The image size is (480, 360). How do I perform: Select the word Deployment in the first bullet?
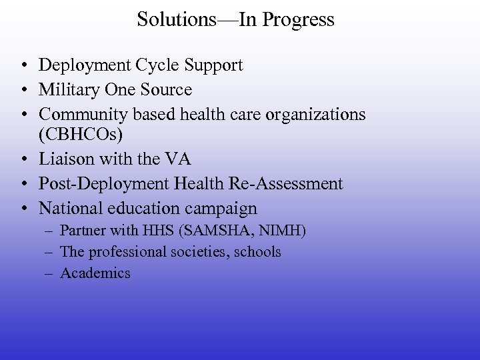coord(85,65)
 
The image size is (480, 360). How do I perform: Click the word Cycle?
coord(159,65)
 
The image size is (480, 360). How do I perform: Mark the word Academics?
coord(95,273)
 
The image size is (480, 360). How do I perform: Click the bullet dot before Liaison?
coord(23,160)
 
